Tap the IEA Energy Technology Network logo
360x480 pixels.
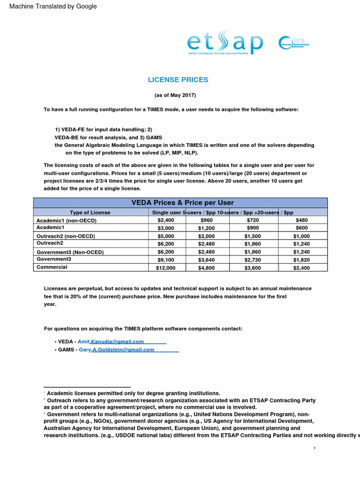pos(293,43)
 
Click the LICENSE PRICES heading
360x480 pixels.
pos(178,80)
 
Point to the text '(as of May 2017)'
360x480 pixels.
pos(175,95)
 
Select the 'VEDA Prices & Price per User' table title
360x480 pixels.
pos(180,202)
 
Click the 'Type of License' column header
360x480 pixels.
pos(90,212)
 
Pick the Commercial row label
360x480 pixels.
pos(52,267)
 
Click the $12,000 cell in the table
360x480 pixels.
pos(165,268)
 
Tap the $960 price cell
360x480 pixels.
pos(207,220)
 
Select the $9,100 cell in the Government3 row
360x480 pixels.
pos(165,260)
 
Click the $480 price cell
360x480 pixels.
pos(302,220)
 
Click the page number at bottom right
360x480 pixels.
pos(315,450)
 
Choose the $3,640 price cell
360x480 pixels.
pos(207,260)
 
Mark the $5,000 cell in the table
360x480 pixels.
pos(165,236)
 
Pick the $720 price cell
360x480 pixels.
pos(253,220)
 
